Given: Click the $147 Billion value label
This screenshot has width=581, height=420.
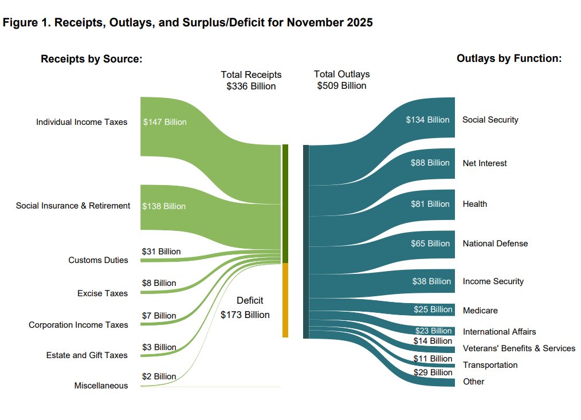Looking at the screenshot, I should (164, 122).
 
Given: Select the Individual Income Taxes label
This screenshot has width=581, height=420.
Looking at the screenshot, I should (81, 122).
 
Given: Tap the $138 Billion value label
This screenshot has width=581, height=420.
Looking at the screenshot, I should (164, 206).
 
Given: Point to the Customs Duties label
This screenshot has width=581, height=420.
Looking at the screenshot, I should (98, 260).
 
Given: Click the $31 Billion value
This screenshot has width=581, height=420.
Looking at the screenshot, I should (161, 252).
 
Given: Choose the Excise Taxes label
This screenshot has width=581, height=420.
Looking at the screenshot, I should (103, 293).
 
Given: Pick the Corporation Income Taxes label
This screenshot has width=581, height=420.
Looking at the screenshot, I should (78, 325).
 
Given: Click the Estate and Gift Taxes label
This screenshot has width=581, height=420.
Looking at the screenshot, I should (87, 355).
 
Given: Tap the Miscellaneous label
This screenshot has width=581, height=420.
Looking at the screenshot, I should (101, 386).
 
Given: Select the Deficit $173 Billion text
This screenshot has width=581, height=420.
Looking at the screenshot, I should (245, 308).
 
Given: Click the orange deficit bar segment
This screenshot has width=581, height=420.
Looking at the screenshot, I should (285, 300).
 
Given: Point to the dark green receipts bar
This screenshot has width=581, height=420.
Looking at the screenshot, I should (285, 203).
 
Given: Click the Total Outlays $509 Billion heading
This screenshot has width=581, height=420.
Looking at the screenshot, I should (341, 80).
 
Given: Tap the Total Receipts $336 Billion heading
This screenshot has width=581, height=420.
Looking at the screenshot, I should (251, 80).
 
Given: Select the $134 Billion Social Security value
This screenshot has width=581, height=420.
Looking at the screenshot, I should (427, 120).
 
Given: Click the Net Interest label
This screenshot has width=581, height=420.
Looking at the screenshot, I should (484, 163).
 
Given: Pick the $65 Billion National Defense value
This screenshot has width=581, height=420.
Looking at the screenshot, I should (430, 244).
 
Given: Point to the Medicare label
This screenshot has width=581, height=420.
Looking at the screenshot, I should (480, 311).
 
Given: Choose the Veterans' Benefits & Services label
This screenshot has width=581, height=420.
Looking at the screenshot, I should (519, 348).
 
